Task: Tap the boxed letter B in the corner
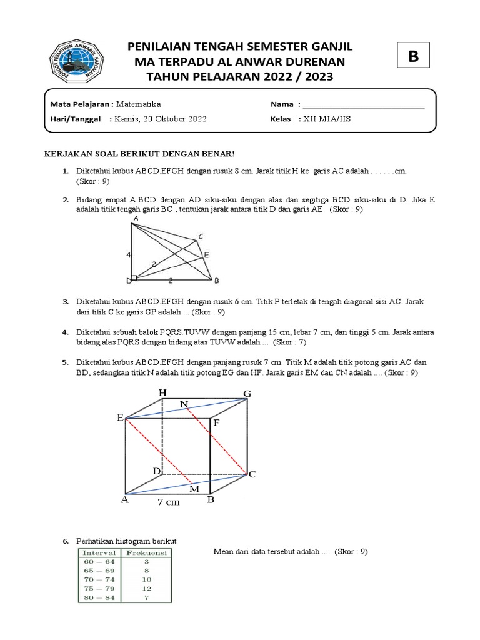pos(412,57)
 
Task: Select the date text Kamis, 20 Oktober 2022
pos(160,119)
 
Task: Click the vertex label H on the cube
pos(162,392)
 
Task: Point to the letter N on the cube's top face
pos(184,405)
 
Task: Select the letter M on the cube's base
pos(194,489)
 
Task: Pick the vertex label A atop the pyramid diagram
pos(136,219)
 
